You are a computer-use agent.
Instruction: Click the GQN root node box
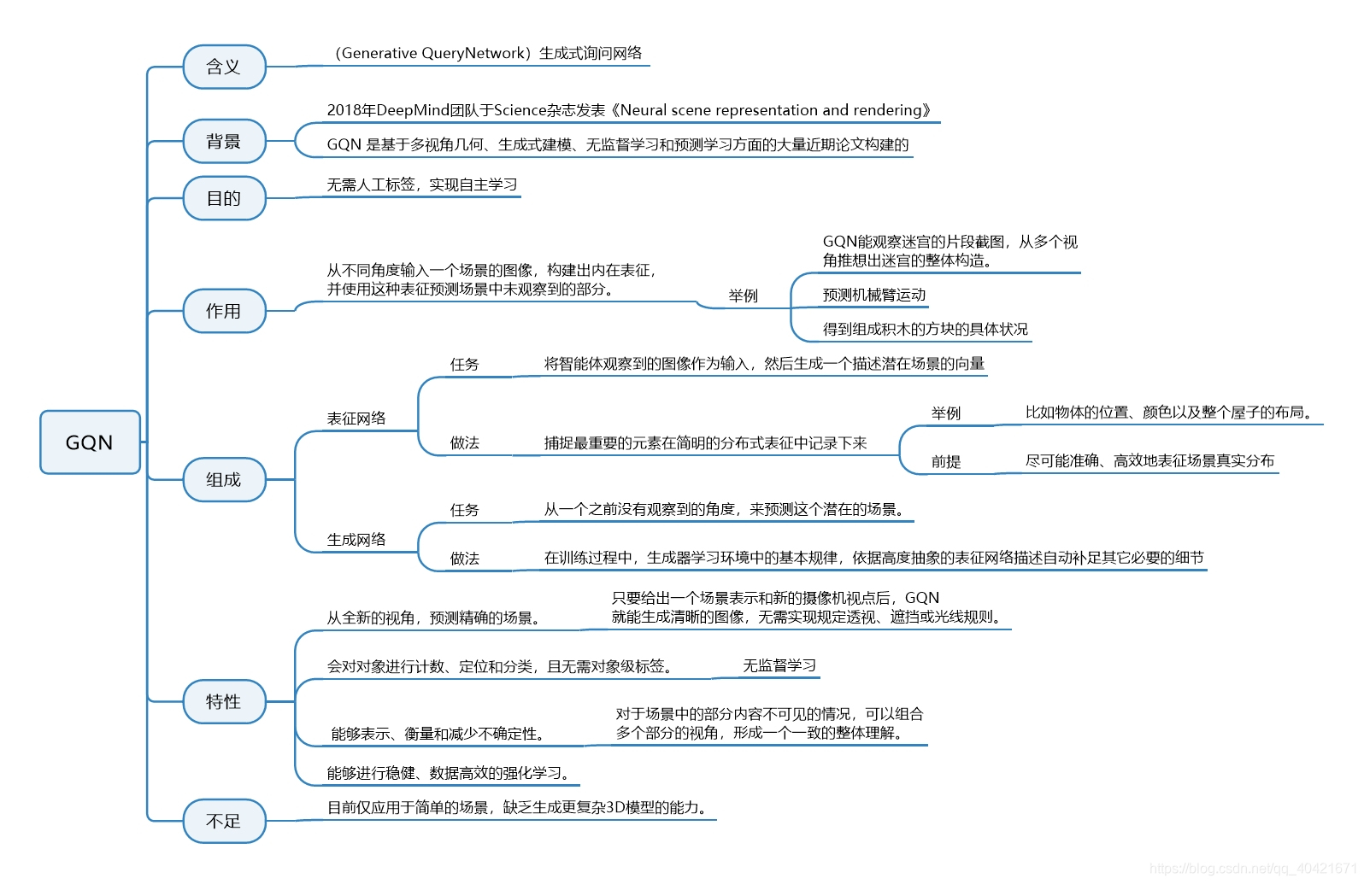(x=90, y=442)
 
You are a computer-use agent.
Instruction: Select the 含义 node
(x=224, y=67)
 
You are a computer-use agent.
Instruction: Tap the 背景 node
(x=224, y=141)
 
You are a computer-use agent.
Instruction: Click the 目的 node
(x=224, y=198)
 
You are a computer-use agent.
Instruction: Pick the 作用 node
(x=224, y=311)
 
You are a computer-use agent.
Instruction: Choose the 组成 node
(x=224, y=479)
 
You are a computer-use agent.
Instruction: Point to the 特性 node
(x=224, y=701)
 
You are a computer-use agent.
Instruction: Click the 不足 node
(x=224, y=821)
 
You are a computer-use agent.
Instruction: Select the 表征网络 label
(x=356, y=419)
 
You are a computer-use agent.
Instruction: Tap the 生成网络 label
(x=356, y=540)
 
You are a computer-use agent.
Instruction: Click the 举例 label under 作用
(x=743, y=296)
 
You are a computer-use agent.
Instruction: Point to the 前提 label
(x=946, y=461)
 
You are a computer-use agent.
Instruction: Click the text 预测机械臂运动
(x=873, y=295)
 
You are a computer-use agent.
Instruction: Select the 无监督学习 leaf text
(x=779, y=665)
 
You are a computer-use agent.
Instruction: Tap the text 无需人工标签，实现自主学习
(x=422, y=184)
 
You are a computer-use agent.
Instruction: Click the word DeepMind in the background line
(x=413, y=110)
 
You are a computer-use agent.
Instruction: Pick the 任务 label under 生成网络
(x=465, y=510)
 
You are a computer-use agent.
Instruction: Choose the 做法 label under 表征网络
(x=465, y=442)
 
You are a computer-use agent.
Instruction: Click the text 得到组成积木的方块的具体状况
(x=925, y=329)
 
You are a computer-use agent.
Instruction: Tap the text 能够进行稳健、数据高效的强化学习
(x=448, y=773)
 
